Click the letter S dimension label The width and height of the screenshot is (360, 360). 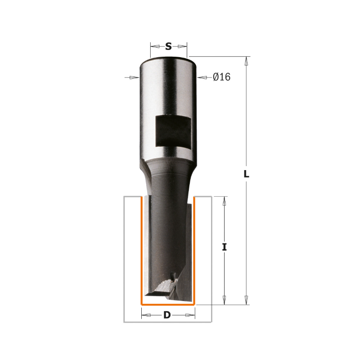(168, 47)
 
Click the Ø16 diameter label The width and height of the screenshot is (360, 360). (221, 77)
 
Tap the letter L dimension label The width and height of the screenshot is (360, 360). (246, 174)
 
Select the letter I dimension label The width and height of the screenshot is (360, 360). (225, 247)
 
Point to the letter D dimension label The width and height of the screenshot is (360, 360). (167, 315)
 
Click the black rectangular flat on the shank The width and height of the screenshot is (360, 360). (173, 131)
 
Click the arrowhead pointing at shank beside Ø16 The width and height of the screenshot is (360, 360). (202, 77)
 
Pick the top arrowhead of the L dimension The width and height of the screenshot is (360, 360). (246, 61)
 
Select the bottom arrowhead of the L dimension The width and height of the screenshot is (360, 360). (246, 300)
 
